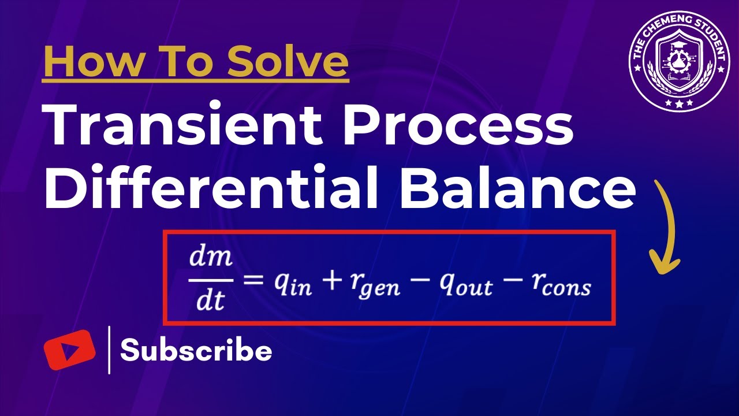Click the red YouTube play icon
69,350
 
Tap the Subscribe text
196,351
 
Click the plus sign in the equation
331,281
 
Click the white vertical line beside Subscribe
110,350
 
